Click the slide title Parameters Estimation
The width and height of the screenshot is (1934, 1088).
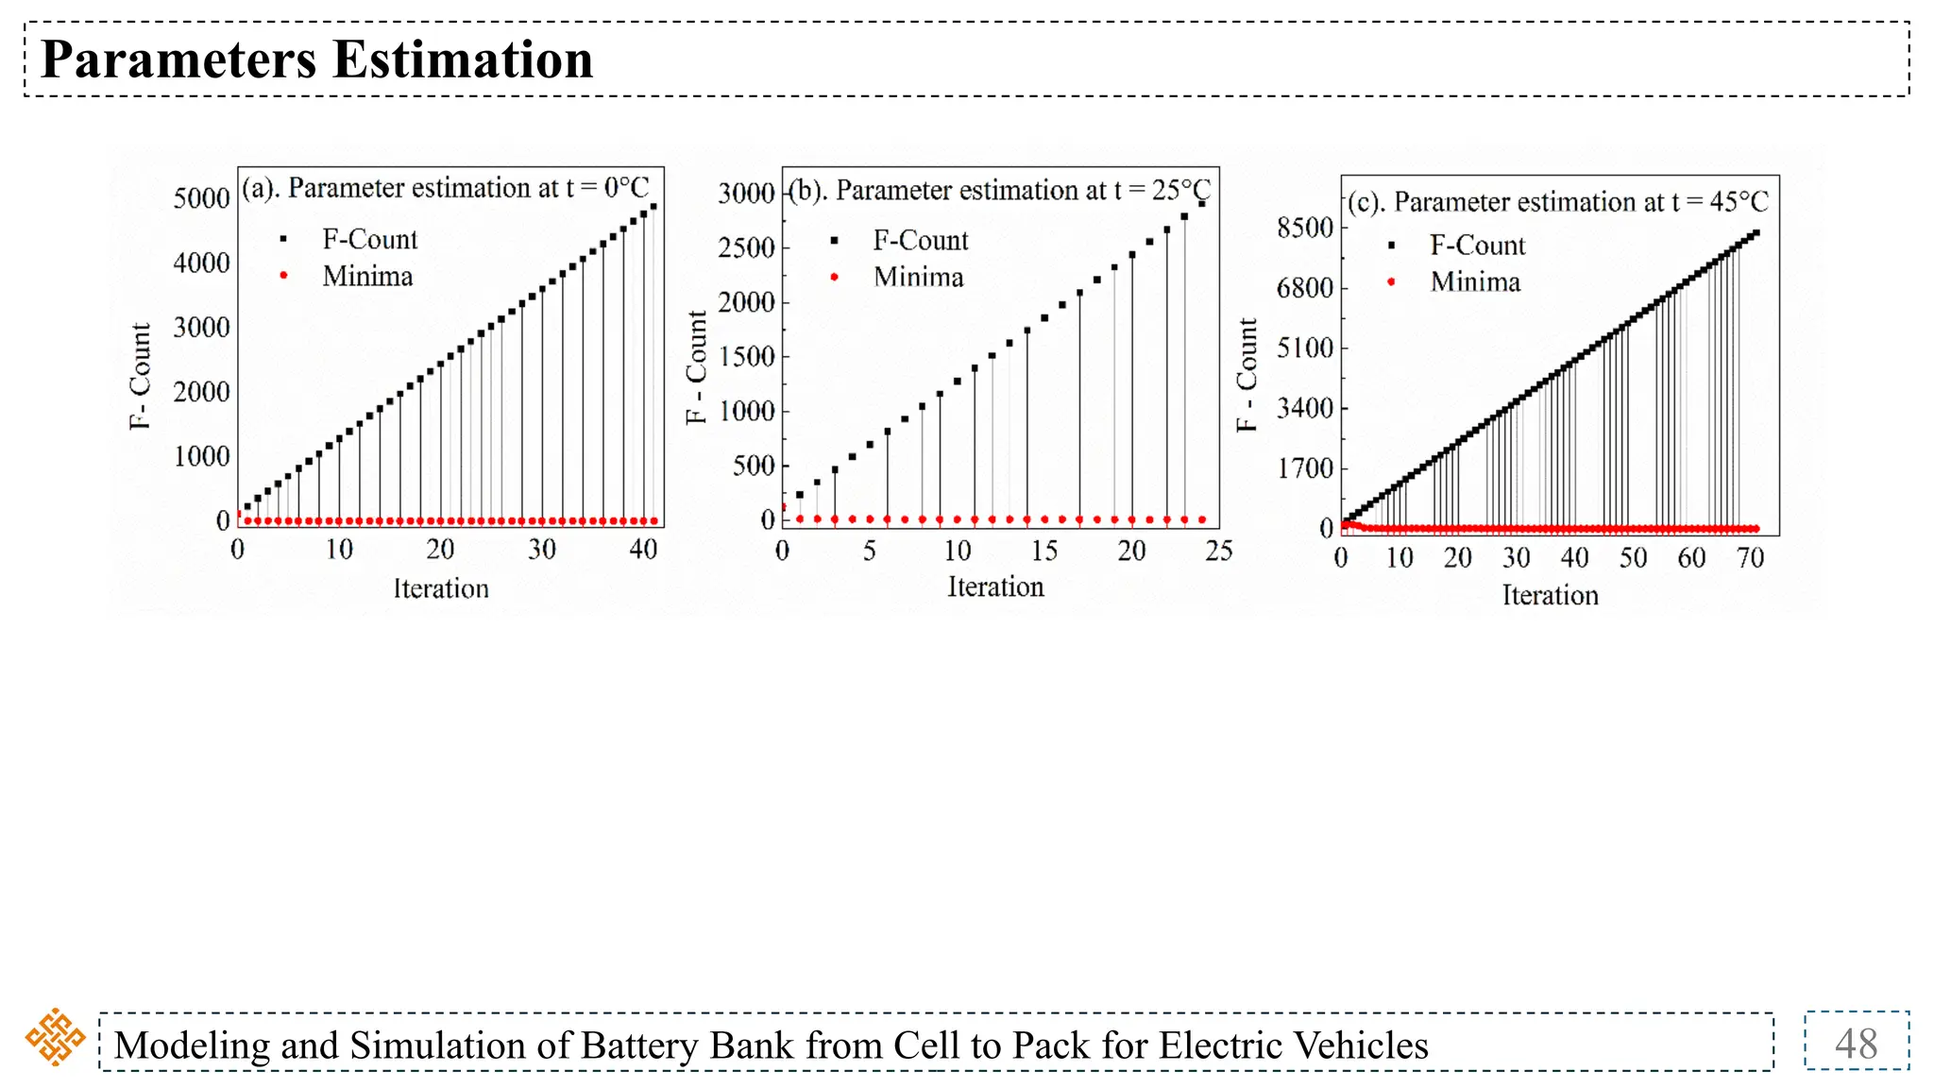tap(317, 59)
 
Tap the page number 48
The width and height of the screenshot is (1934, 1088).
tap(1856, 1044)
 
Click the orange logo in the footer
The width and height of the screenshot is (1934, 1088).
tap(55, 1037)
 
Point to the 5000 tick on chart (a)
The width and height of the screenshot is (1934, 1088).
tap(201, 198)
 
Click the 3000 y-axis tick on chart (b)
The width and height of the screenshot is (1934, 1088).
tap(746, 194)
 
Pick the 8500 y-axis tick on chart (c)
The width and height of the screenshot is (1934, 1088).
tap(1305, 228)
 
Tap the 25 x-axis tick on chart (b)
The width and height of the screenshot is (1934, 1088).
tap(1218, 552)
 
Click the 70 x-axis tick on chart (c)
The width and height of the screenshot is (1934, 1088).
tap(1750, 558)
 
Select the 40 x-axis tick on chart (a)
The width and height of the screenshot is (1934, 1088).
tap(643, 550)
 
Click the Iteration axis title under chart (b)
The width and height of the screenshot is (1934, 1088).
tap(995, 587)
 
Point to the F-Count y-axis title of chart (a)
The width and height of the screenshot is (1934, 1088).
tap(140, 376)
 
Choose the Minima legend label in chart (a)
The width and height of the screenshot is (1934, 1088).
tap(367, 277)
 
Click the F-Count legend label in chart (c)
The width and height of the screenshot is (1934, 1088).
tap(1477, 246)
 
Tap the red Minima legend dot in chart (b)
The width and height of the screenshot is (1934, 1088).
tap(834, 277)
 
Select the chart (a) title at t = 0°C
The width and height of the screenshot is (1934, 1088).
tap(446, 188)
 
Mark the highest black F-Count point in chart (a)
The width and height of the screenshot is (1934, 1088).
tap(653, 206)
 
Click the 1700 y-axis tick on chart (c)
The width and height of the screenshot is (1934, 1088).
tap(1305, 468)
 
